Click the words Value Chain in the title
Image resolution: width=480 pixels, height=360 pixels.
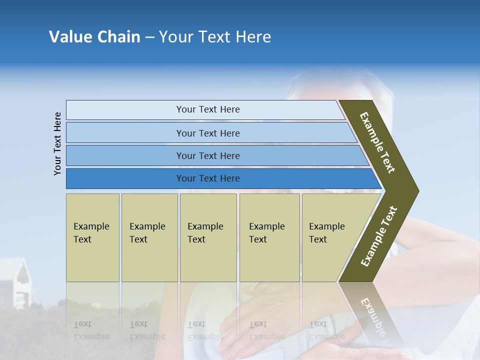click(94, 37)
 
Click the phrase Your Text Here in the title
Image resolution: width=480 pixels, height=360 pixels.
click(215, 37)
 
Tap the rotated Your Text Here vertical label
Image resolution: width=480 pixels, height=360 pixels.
click(58, 143)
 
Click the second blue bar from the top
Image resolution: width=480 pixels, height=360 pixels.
click(207, 133)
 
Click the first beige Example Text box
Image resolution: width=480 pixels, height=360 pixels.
click(92, 237)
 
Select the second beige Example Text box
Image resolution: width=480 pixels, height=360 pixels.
click(149, 237)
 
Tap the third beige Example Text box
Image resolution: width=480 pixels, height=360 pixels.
click(207, 237)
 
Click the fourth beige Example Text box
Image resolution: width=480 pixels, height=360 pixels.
click(269, 237)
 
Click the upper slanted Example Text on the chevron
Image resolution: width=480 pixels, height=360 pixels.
click(378, 142)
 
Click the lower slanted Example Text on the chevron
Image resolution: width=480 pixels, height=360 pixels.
click(379, 236)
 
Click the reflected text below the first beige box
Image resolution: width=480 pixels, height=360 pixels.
click(91, 330)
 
